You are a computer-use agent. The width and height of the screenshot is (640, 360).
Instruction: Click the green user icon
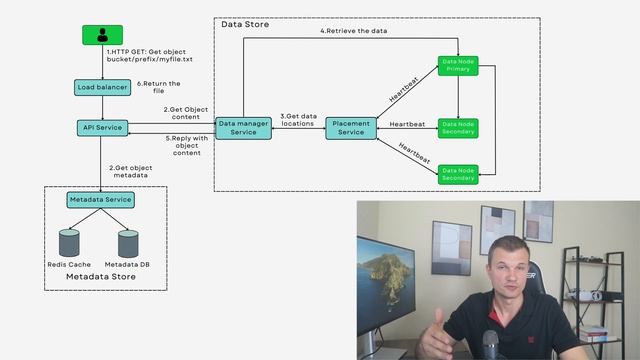[102, 35]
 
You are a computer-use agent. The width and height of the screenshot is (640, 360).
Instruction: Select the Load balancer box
[102, 88]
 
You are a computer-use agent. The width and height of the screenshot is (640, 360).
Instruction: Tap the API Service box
[102, 128]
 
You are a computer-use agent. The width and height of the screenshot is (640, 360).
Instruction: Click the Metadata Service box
[100, 199]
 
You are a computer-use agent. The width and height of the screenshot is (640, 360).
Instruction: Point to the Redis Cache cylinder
[69, 242]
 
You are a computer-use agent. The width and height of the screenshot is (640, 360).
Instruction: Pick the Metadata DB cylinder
[128, 242]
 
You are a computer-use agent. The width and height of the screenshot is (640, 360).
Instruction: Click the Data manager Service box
[243, 127]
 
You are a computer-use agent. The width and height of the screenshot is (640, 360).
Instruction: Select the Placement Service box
[351, 128]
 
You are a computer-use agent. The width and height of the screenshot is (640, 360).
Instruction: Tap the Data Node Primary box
[458, 65]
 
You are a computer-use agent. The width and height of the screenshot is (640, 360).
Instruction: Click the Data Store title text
[244, 23]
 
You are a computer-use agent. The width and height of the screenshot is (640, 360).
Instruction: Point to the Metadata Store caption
[99, 276]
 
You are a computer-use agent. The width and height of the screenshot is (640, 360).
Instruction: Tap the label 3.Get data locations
[297, 120]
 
